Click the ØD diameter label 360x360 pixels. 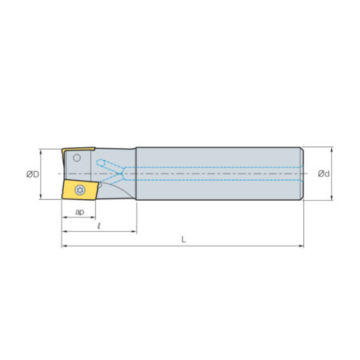(33, 174)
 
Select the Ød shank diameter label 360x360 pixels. (324, 174)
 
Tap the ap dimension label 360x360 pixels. (79, 212)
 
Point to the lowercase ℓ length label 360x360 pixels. (99, 226)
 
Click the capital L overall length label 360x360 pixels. (183, 239)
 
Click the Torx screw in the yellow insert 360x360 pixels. (80, 190)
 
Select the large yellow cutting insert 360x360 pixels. (81, 190)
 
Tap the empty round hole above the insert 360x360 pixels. (77, 158)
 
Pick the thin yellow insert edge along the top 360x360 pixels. (78, 150)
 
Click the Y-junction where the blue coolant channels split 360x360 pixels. (122, 174)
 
